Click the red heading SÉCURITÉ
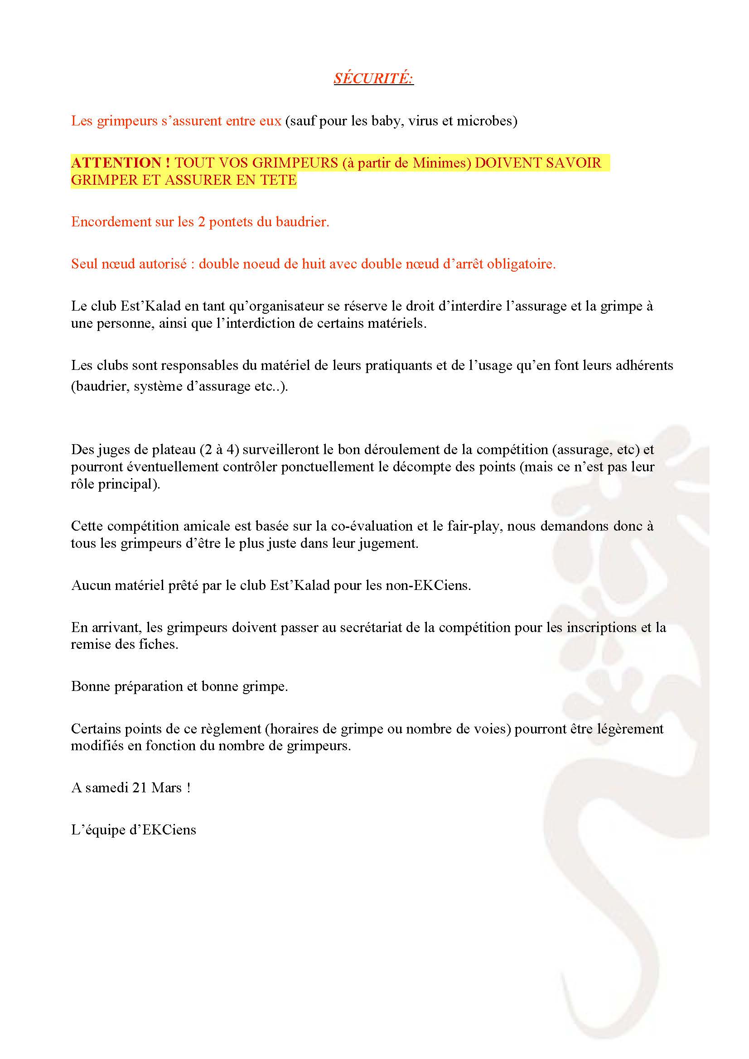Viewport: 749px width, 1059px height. [x=373, y=78]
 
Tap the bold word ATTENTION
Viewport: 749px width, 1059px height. [x=116, y=163]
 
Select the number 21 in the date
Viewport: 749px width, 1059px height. [x=140, y=788]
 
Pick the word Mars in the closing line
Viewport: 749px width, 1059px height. [x=167, y=788]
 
